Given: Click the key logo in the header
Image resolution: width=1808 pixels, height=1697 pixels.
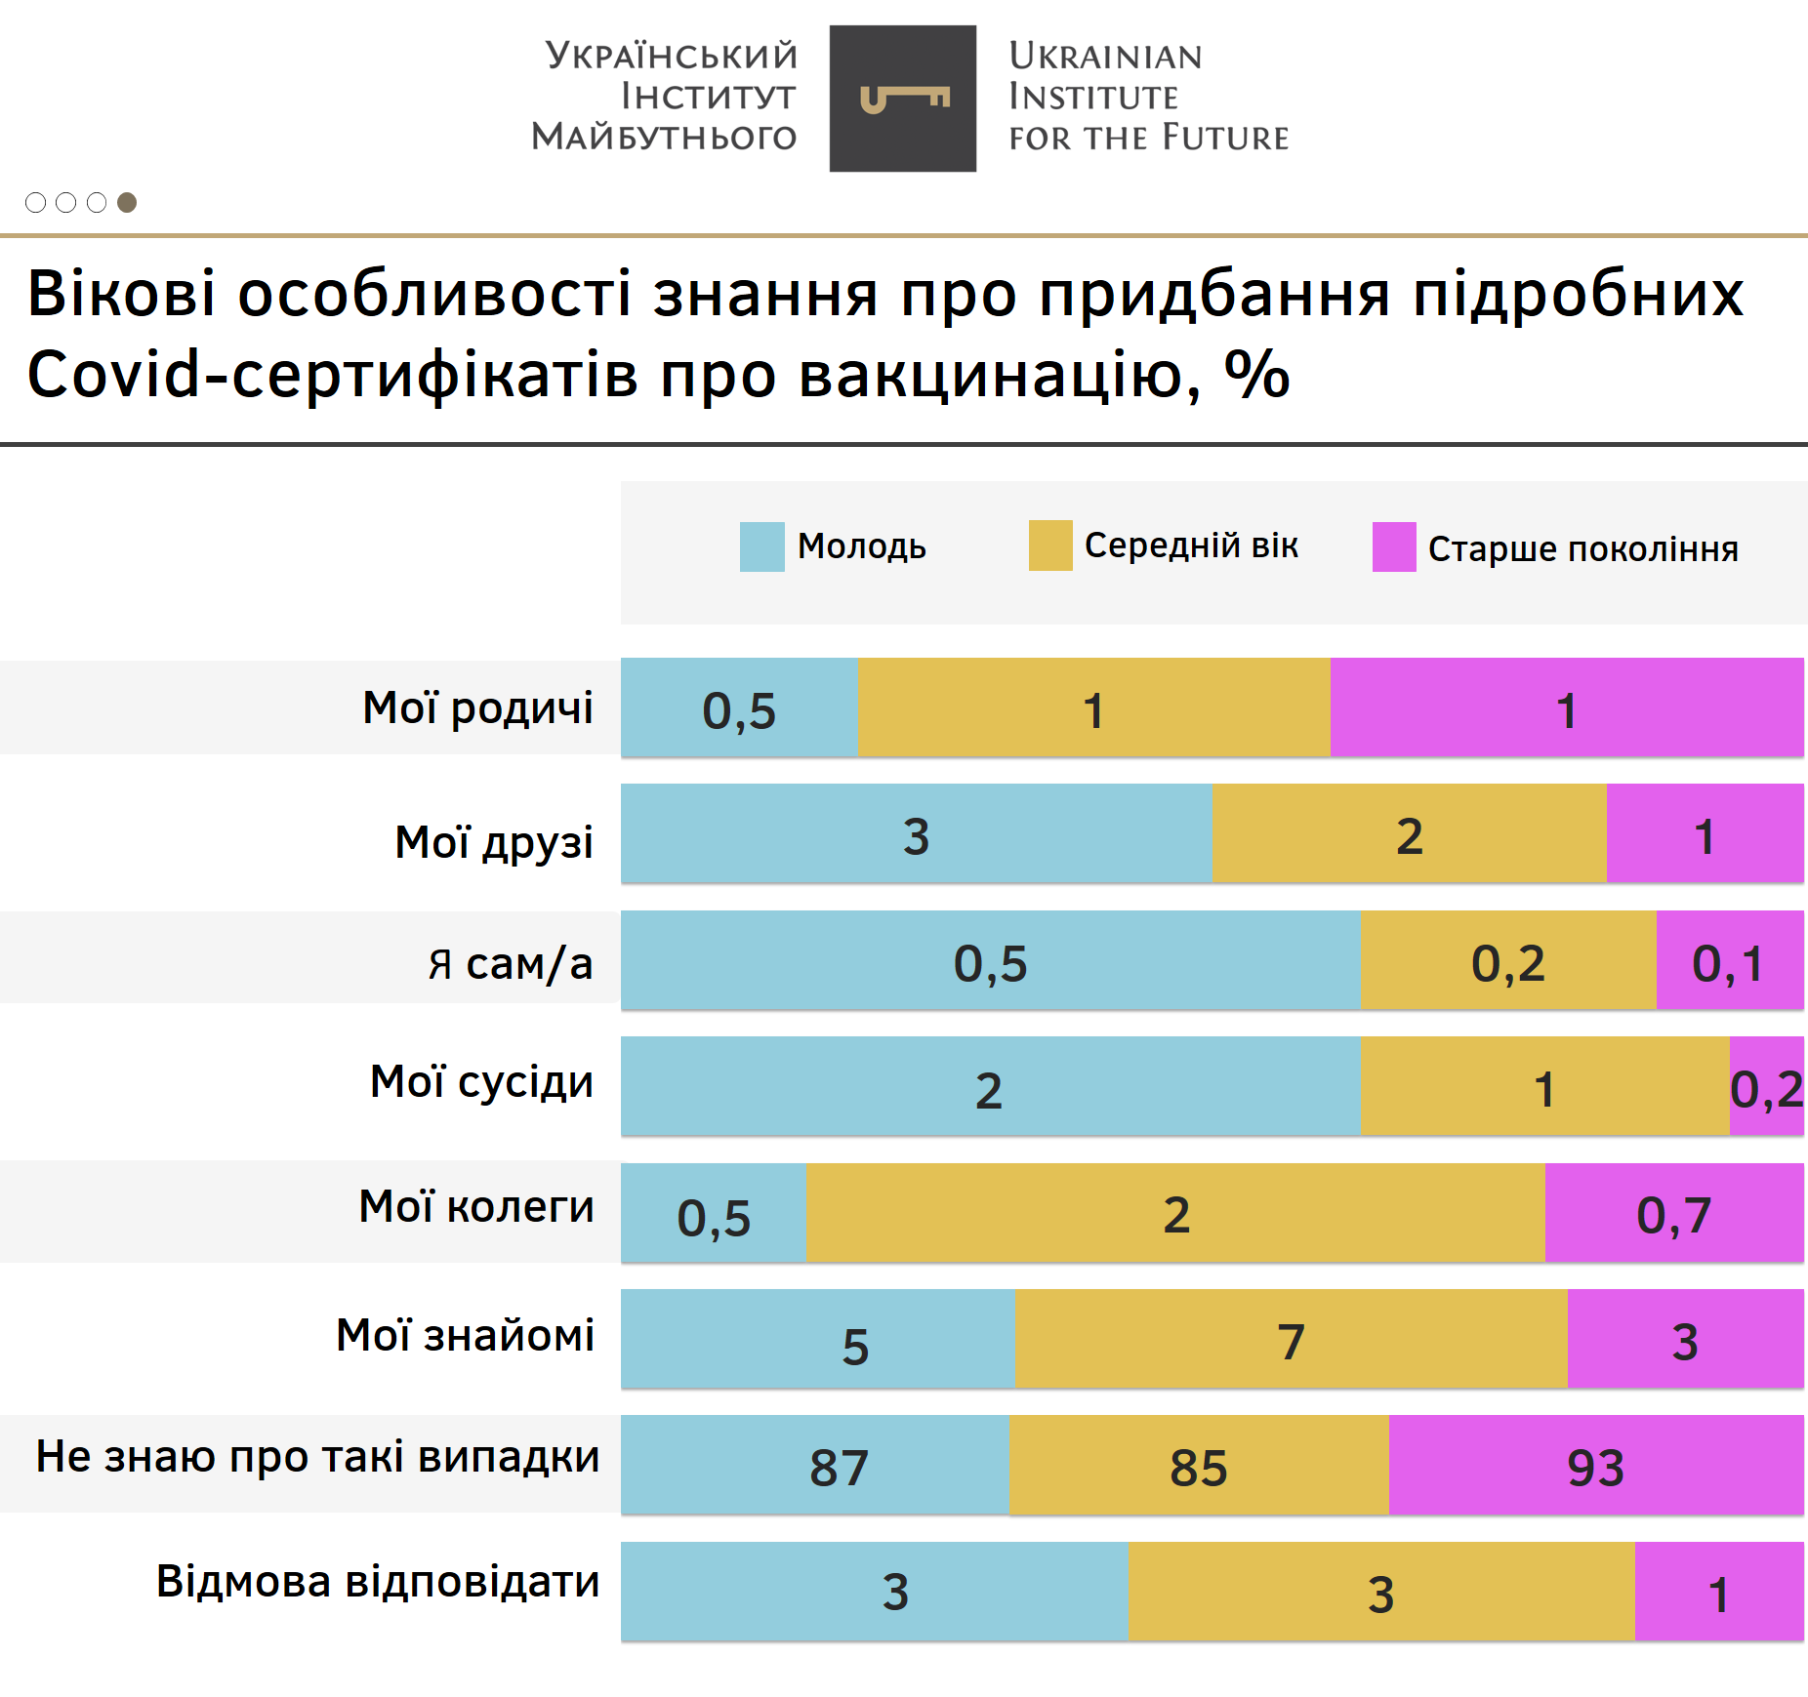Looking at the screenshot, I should pos(903,99).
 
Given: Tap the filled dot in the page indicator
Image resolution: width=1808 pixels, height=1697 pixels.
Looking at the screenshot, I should pos(127,202).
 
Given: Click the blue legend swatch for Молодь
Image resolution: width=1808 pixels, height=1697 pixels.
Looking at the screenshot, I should pos(761,546).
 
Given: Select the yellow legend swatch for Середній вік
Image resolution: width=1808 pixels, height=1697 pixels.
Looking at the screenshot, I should pos(1050,545).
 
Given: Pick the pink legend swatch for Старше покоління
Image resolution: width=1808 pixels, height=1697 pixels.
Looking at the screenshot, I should pos(1394,546).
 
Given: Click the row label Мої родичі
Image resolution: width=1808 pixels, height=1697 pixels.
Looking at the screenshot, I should pos(477,707).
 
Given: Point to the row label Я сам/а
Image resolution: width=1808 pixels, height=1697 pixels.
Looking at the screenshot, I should pos(510,963).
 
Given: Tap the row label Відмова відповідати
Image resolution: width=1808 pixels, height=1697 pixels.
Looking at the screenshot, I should pos(378,1582).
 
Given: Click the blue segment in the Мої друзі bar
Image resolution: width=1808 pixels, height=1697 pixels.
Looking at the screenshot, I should pos(916,834).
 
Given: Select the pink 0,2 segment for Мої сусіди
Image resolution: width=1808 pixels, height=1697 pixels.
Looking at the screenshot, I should pos(1766,1087).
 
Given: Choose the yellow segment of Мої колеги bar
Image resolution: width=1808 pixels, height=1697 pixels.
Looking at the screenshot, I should pos(1175,1213).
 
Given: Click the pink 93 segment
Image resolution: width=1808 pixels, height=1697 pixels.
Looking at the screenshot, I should pos(1595,1466).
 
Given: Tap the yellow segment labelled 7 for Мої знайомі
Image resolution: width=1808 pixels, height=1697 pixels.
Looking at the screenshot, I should pos(1291,1339).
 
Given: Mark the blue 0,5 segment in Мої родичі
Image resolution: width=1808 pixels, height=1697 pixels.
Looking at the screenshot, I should pos(739,708).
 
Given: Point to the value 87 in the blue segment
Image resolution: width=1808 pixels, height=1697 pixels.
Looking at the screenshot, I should pos(839,1468).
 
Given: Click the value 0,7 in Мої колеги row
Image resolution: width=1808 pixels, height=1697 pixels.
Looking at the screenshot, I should pos(1673,1216).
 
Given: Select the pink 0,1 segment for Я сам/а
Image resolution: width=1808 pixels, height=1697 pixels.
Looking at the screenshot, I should pos(1729,961).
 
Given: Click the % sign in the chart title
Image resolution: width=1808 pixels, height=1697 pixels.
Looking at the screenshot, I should pos(1257,374).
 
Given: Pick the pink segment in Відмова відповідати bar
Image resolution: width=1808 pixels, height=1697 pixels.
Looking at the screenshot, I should pos(1718,1592).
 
